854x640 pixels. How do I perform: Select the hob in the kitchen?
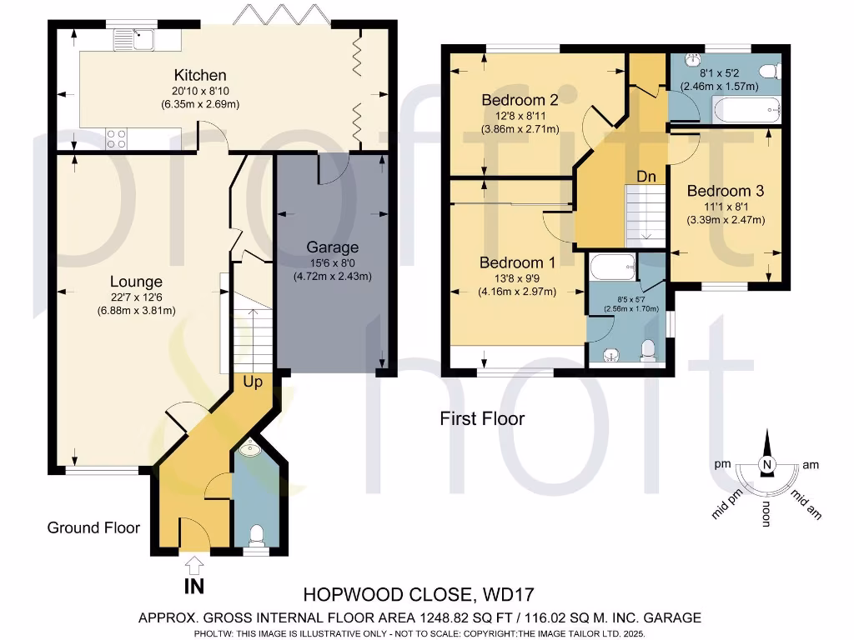tap(118, 139)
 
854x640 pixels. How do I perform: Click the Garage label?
tap(332, 247)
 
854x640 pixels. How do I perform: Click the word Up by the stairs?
tap(254, 382)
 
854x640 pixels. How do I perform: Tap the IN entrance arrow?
tap(195, 566)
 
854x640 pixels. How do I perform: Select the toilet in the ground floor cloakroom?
tap(257, 534)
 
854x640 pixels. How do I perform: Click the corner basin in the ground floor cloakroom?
tap(249, 452)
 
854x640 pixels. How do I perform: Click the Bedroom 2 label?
tap(520, 100)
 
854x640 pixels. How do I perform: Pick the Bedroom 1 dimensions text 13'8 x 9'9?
tap(518, 278)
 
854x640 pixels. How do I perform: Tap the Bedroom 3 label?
tap(725, 191)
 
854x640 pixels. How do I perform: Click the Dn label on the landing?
tap(647, 177)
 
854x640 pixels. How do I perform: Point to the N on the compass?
tap(766, 465)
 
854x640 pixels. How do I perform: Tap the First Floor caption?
tap(482, 418)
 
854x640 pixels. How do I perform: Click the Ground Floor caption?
tap(93, 527)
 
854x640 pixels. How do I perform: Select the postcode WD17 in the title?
tap(505, 595)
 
